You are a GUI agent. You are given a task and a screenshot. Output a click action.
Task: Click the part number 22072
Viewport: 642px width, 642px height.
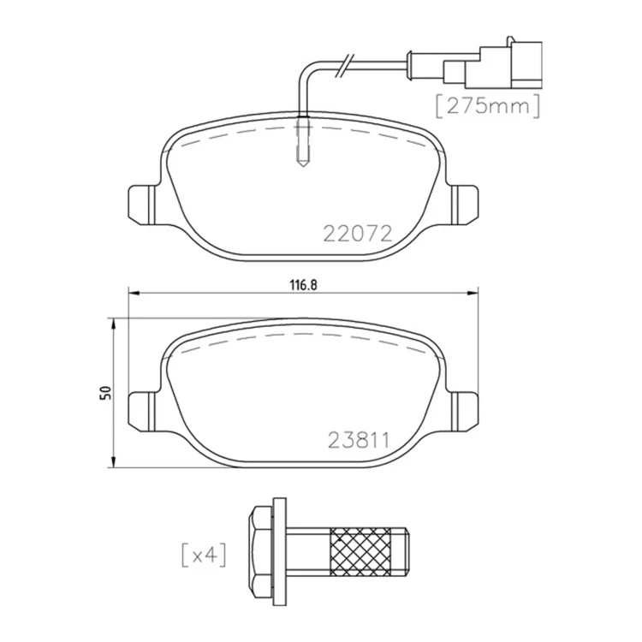[358, 234]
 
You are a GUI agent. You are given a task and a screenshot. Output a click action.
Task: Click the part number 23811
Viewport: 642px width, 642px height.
[359, 441]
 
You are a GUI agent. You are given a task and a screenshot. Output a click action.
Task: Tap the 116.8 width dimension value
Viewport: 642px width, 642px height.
[304, 285]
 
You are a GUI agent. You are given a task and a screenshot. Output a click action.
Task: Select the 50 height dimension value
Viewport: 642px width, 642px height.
[107, 393]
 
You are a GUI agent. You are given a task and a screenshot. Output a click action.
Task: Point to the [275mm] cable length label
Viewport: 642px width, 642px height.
[488, 106]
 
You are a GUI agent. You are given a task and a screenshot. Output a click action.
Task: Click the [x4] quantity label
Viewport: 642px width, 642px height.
[204, 556]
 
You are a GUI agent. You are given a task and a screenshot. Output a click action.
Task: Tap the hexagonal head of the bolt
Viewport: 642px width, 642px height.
[261, 554]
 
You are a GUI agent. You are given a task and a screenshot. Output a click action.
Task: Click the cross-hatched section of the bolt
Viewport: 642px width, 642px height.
[360, 551]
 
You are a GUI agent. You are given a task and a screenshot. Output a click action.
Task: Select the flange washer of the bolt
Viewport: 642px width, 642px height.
[279, 554]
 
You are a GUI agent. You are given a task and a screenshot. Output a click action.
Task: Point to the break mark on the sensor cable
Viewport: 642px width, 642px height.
[343, 65]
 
